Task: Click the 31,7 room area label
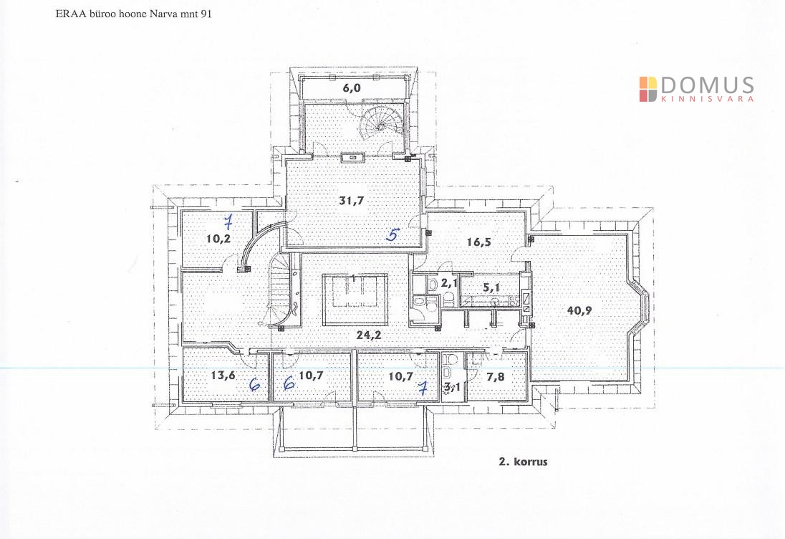[352, 201]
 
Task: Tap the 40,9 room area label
[579, 310]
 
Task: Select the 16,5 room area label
[478, 242]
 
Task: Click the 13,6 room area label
[223, 375]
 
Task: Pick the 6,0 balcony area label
[352, 88]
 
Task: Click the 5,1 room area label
[491, 288]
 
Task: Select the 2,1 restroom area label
[449, 283]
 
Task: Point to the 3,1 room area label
[452, 387]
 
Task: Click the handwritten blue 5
[393, 234]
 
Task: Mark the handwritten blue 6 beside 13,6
[255, 384]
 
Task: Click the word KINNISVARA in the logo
[708, 99]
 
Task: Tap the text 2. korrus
[523, 462]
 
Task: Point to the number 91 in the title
[206, 14]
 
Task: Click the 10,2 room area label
[218, 239]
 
